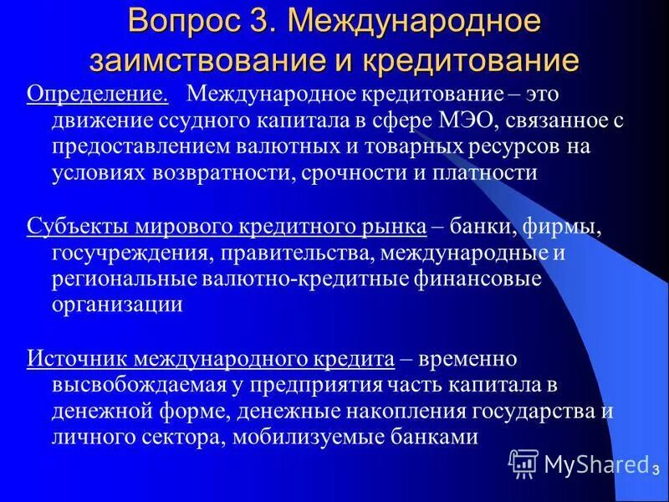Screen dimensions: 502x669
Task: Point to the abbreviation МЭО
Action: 467,120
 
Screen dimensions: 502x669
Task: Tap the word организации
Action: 116,305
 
